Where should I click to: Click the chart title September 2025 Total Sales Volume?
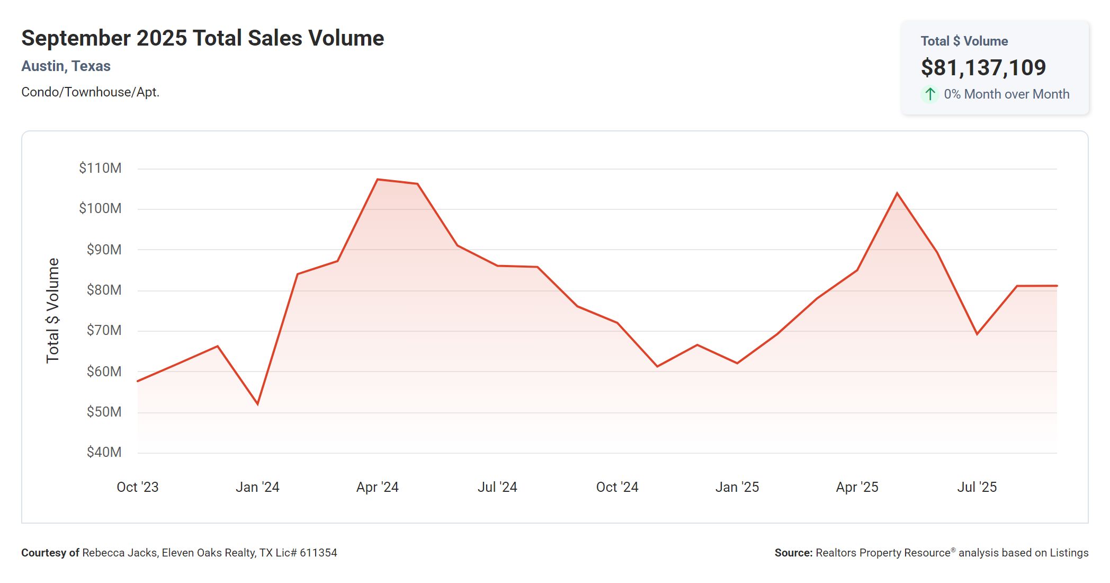pos(202,38)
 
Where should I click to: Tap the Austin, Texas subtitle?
pos(66,66)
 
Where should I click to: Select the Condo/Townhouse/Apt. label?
pos(90,92)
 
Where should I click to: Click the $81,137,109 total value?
pos(983,67)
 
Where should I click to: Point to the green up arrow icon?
pos(930,94)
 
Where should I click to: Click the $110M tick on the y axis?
pos(100,168)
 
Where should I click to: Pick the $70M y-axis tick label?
pos(104,331)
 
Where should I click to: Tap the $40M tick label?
pos(104,452)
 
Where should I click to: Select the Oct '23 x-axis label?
pos(137,487)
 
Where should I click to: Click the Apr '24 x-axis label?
pos(377,487)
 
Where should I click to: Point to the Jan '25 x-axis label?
pos(737,487)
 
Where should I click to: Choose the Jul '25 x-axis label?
pos(977,487)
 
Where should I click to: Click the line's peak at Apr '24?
pos(378,180)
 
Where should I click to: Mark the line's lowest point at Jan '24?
pos(257,404)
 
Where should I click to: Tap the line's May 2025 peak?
pos(897,193)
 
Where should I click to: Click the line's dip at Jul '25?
pos(977,334)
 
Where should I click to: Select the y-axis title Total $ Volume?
pos(53,311)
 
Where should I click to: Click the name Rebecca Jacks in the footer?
pos(120,553)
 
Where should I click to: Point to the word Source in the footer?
pos(793,553)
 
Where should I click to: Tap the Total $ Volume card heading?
pos(964,41)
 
